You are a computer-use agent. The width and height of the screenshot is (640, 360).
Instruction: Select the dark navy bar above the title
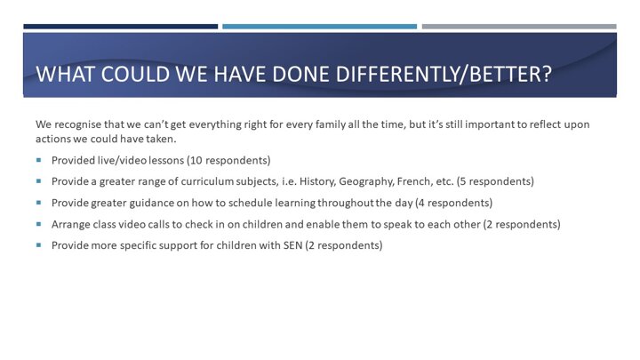[x=120, y=27]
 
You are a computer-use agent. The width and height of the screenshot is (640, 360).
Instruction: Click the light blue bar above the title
[x=320, y=27]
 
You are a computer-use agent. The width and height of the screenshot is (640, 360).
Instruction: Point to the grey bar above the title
[x=519, y=27]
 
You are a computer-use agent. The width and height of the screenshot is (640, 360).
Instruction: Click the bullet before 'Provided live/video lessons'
[x=39, y=160]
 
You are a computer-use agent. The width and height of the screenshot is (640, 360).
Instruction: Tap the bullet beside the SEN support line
[x=39, y=245]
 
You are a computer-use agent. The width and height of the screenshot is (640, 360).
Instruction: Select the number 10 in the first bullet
[x=196, y=160]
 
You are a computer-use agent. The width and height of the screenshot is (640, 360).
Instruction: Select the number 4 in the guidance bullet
[x=421, y=203]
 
